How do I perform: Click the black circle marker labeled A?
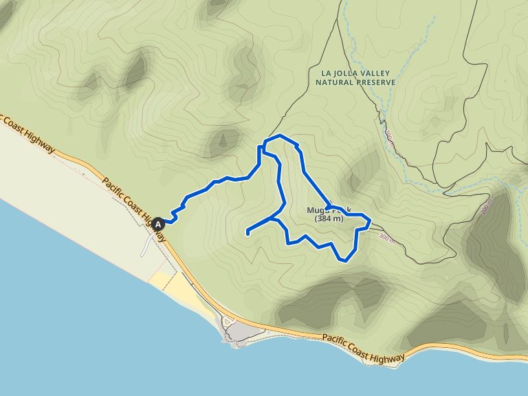pyautogui.click(x=159, y=223)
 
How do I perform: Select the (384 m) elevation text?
pyautogui.click(x=329, y=219)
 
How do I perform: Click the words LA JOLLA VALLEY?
pyautogui.click(x=355, y=72)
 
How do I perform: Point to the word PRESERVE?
pyautogui.click(x=374, y=82)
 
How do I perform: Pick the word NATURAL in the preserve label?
pyautogui.click(x=333, y=82)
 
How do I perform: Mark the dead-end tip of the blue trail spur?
pyautogui.click(x=247, y=234)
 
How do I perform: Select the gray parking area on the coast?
pyautogui.click(x=241, y=333)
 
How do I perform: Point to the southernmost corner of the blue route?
pyautogui.click(x=344, y=260)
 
